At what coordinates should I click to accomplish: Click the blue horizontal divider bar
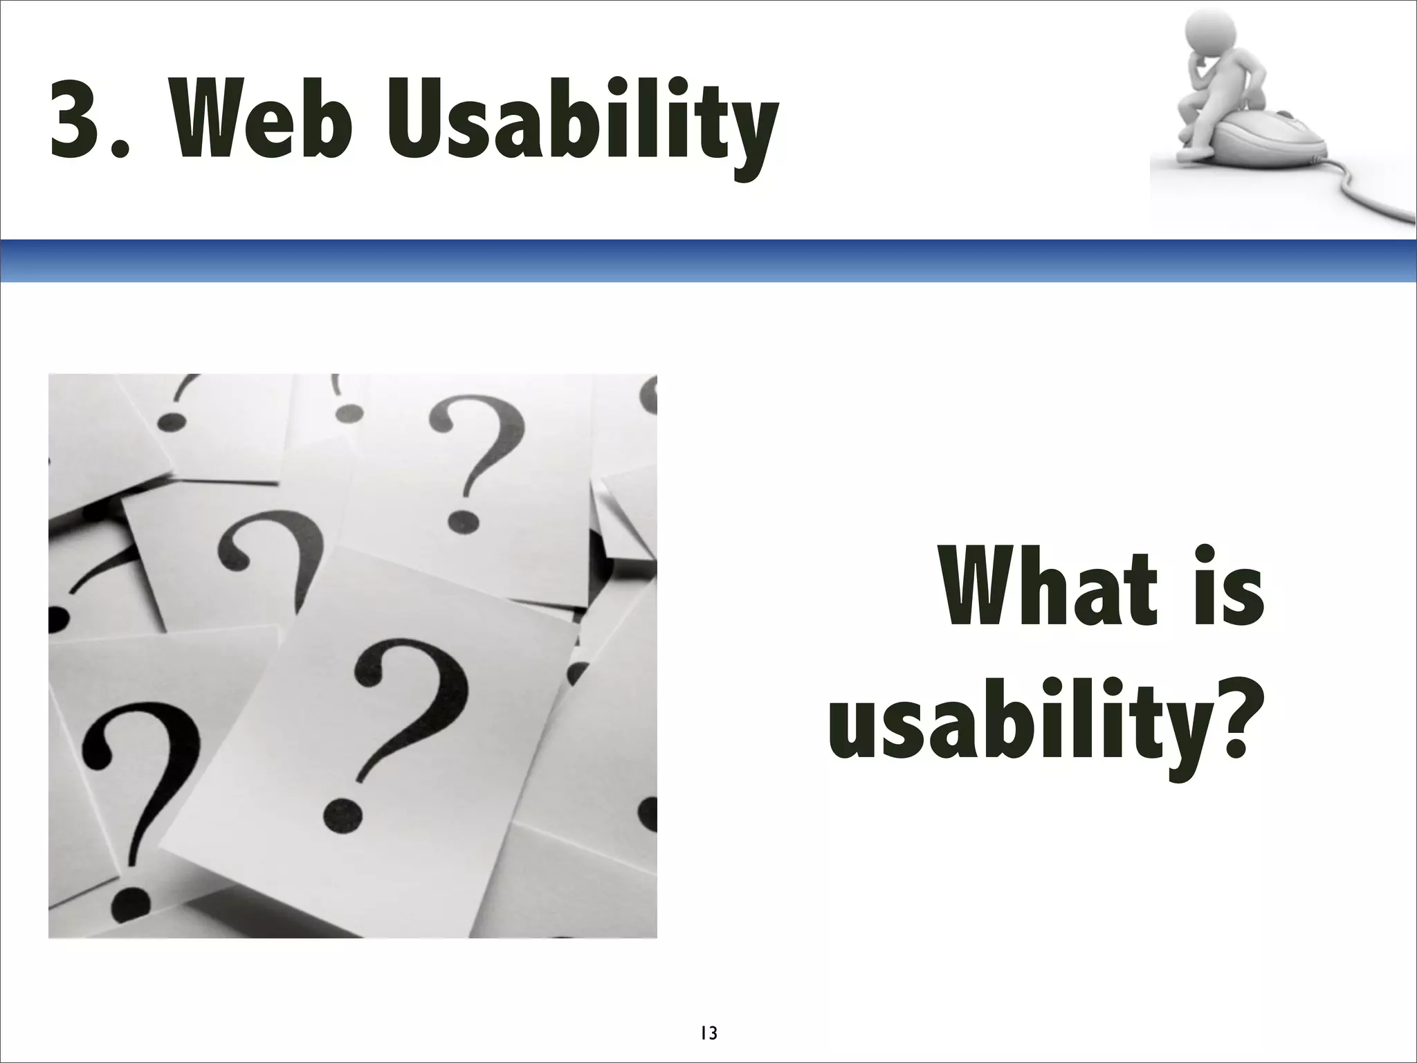(708, 261)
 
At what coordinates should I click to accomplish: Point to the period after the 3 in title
(120, 149)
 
